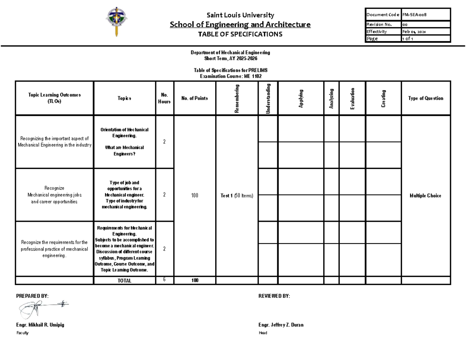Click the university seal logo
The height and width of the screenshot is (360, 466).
(x=116, y=21)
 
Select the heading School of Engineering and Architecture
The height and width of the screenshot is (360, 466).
(x=240, y=25)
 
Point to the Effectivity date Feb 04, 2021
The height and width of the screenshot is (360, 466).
(x=414, y=32)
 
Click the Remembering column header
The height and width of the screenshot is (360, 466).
(x=236, y=99)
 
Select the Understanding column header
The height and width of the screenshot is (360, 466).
(x=268, y=99)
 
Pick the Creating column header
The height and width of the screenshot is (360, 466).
(x=383, y=99)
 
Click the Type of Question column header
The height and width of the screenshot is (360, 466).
(x=426, y=99)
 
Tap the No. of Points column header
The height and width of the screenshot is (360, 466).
(x=195, y=99)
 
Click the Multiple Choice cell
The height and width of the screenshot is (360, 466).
(x=426, y=196)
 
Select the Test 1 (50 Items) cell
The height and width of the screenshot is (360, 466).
(x=236, y=196)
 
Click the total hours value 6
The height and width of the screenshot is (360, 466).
(x=164, y=280)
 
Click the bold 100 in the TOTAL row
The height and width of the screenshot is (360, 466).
(x=195, y=280)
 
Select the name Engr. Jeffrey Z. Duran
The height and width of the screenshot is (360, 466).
(x=281, y=325)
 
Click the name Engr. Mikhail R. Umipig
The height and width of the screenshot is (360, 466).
(x=40, y=325)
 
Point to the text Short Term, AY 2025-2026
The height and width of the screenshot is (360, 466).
(x=231, y=58)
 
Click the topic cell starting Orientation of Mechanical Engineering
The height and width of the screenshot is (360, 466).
(x=125, y=141)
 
